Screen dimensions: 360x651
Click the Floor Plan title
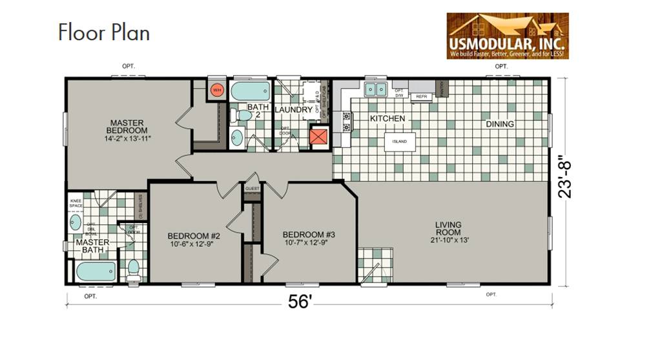click(104, 32)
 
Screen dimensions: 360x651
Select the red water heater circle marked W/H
click(217, 89)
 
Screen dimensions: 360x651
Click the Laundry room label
click(293, 111)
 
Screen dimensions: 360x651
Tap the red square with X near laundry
click(318, 138)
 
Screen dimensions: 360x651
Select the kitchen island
click(399, 142)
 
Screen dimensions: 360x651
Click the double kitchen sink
click(374, 89)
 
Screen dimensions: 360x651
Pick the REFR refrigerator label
click(422, 96)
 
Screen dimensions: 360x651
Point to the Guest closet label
click(251, 189)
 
